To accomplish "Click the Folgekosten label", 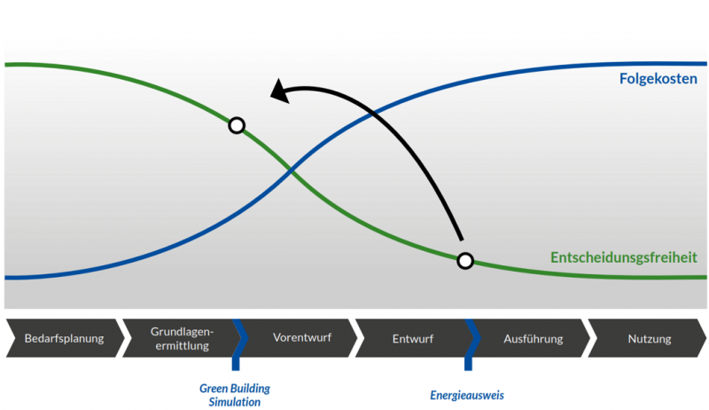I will [658, 79].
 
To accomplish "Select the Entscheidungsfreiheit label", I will [623, 257].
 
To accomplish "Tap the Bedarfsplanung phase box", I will [63, 338].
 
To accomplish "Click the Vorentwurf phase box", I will [301, 338].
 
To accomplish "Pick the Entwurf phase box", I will [411, 338].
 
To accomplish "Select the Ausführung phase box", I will [530, 338].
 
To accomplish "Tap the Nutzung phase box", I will [649, 338].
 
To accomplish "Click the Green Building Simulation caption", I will [234, 395].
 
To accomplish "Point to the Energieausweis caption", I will [467, 395].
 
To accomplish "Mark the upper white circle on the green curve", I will [237, 125].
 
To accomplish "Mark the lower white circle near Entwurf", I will [464, 260].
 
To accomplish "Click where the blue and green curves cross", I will [289, 168].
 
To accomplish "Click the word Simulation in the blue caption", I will [234, 402].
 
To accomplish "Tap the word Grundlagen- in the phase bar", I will [182, 330].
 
